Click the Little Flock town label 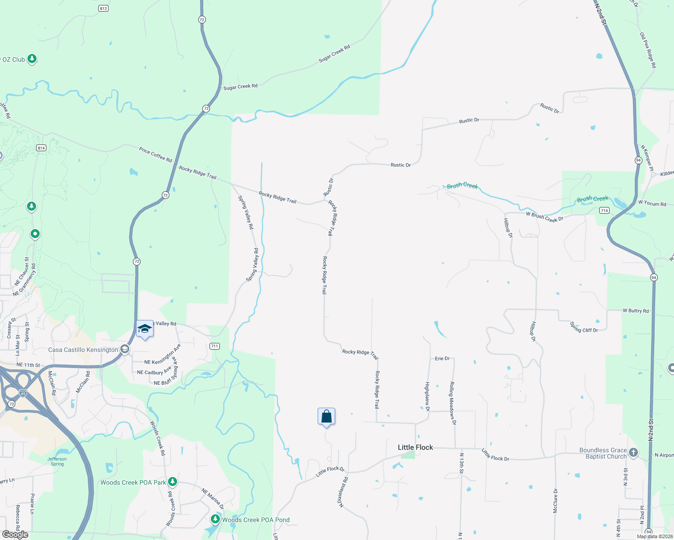point(415,447)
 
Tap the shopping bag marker point(326,417)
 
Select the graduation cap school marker point(145,329)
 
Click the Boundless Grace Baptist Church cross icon point(633,453)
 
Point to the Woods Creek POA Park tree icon point(172,482)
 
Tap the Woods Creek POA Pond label point(255,520)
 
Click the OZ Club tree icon point(32,59)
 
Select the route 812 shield point(103,9)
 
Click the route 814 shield point(41,148)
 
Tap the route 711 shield point(214,346)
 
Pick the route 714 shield point(604,211)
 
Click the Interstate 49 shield point(23,393)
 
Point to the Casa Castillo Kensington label point(83,350)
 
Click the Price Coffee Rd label point(155,155)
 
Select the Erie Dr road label point(442,359)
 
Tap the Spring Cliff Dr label point(584,327)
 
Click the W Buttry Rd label point(636,311)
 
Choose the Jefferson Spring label point(57,461)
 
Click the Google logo point(15,535)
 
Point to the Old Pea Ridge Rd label point(648,50)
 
